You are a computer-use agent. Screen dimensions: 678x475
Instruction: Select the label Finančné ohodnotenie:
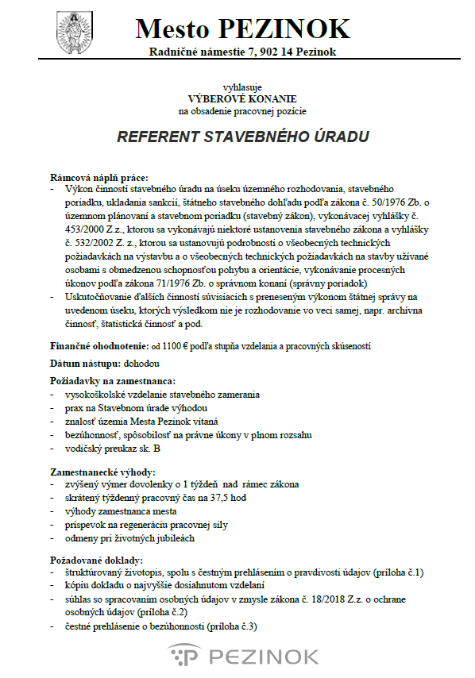point(98,346)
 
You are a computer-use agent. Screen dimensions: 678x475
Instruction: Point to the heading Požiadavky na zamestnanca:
point(113,381)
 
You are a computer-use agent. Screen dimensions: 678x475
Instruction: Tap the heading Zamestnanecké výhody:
point(103,472)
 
